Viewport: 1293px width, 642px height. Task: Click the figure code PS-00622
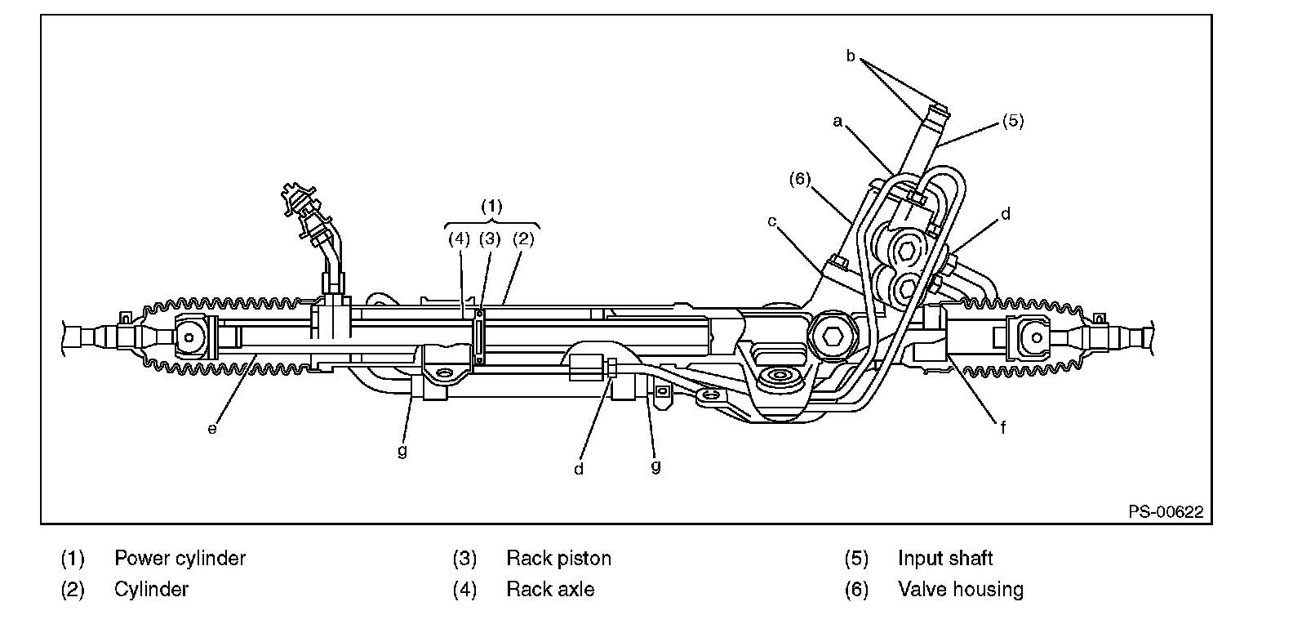click(x=1166, y=512)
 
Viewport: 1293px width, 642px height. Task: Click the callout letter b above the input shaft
click(x=851, y=56)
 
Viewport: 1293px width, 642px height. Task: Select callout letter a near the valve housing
click(x=838, y=121)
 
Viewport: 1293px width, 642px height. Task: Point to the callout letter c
click(x=771, y=221)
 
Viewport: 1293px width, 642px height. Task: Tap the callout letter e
click(x=212, y=428)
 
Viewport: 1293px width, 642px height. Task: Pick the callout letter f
click(x=1003, y=427)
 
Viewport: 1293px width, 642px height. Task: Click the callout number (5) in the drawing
click(x=1013, y=121)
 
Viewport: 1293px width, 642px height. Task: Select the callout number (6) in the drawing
click(x=800, y=179)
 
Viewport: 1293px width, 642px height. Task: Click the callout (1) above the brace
click(x=491, y=206)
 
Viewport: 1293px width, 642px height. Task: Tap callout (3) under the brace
click(x=490, y=239)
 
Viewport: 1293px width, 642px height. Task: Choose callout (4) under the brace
click(x=460, y=239)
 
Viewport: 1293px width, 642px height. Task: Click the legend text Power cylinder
click(x=180, y=559)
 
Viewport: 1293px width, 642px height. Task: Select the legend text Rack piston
click(x=559, y=559)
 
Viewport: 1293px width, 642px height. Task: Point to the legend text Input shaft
click(x=945, y=559)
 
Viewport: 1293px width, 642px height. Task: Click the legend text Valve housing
click(x=961, y=590)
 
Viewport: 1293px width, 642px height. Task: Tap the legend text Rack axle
click(x=551, y=590)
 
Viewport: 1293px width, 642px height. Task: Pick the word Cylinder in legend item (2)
click(x=151, y=590)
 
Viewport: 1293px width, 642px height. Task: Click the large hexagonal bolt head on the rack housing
click(x=832, y=337)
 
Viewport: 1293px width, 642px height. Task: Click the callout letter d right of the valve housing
click(x=1006, y=214)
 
